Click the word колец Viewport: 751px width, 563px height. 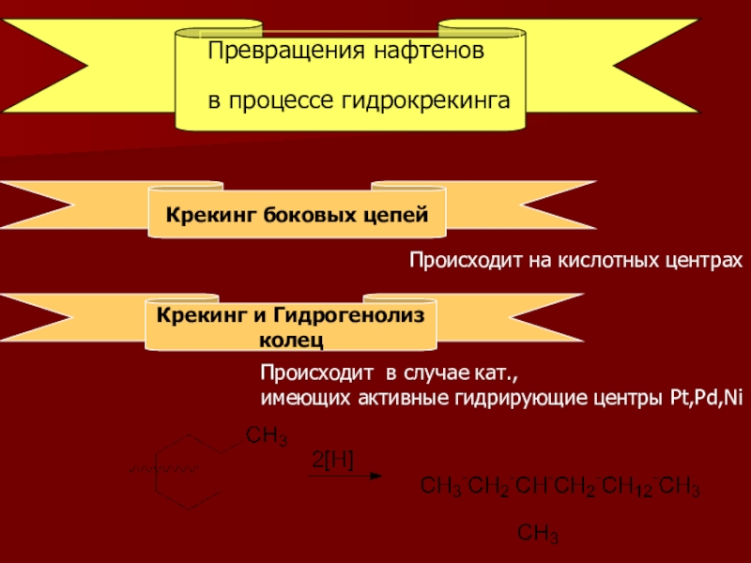click(x=290, y=334)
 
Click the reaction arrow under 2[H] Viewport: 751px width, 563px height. click(x=346, y=475)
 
